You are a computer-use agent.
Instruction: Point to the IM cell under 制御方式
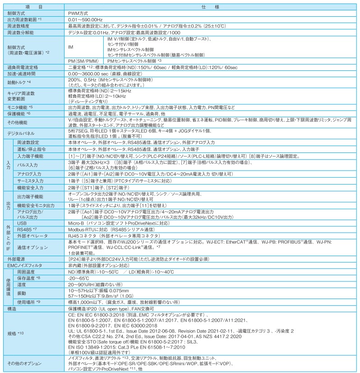[71, 46]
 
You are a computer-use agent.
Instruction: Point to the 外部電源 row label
[17, 259]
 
